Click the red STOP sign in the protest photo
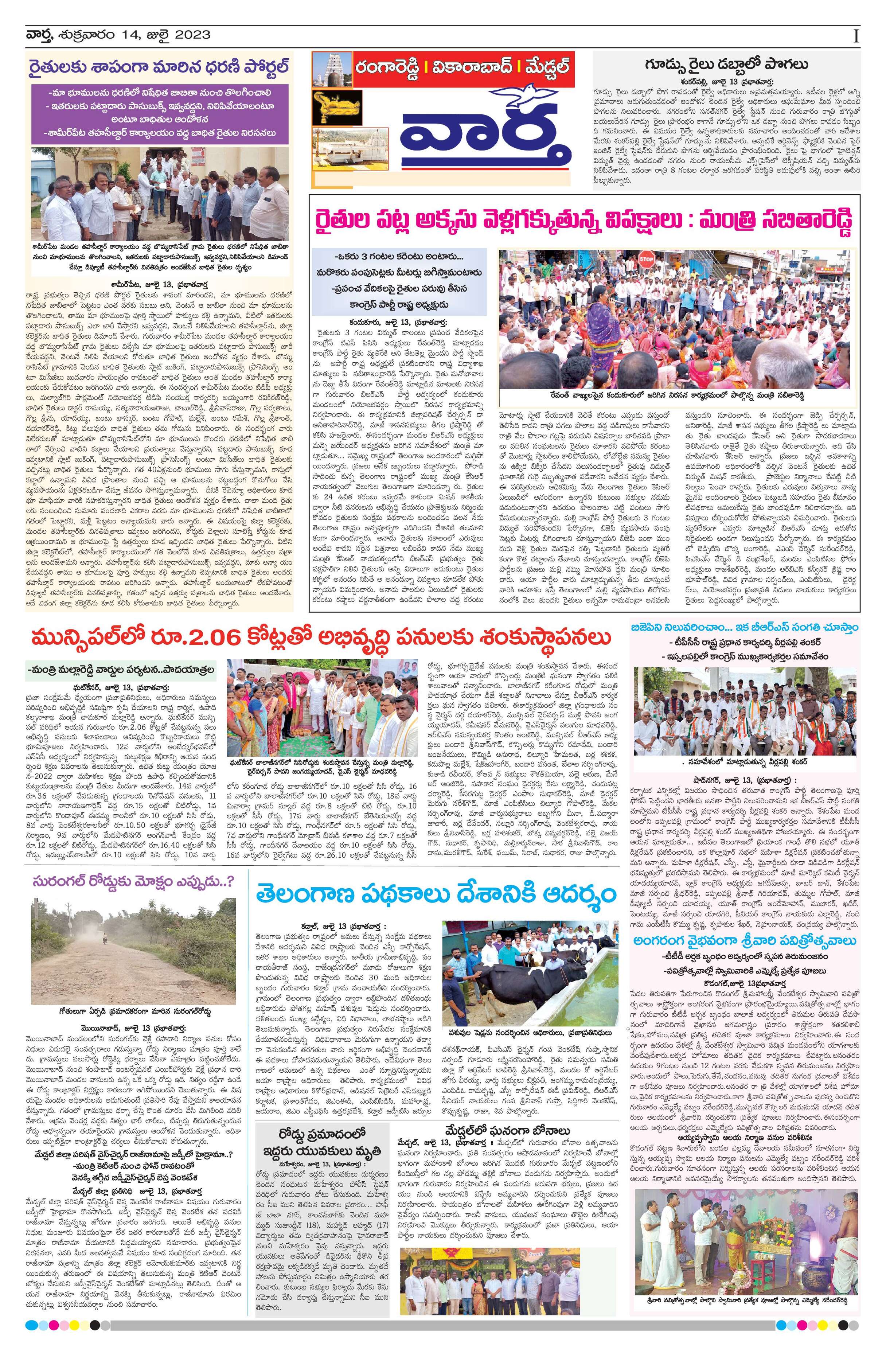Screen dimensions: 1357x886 pyautogui.click(x=645, y=260)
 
